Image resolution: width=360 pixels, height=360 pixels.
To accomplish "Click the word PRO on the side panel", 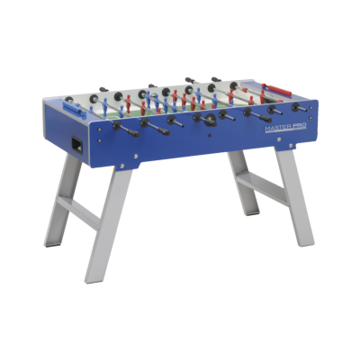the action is pos(300,126).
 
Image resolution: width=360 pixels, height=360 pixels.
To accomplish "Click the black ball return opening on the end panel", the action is pos(76,146).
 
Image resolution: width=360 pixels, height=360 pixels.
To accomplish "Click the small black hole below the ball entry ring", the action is pos(210,136).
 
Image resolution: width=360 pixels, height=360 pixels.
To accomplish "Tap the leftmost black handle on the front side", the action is pos(131,132).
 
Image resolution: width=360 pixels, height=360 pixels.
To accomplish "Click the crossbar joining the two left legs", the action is pos(78,210).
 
